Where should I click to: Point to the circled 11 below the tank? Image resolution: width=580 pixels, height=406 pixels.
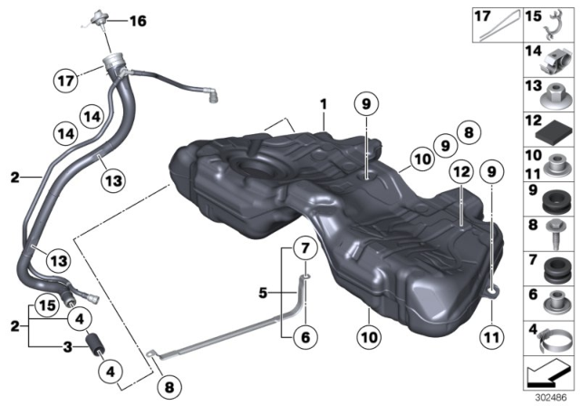(x=494, y=333)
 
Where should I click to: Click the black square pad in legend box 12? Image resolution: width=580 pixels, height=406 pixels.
(x=548, y=129)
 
